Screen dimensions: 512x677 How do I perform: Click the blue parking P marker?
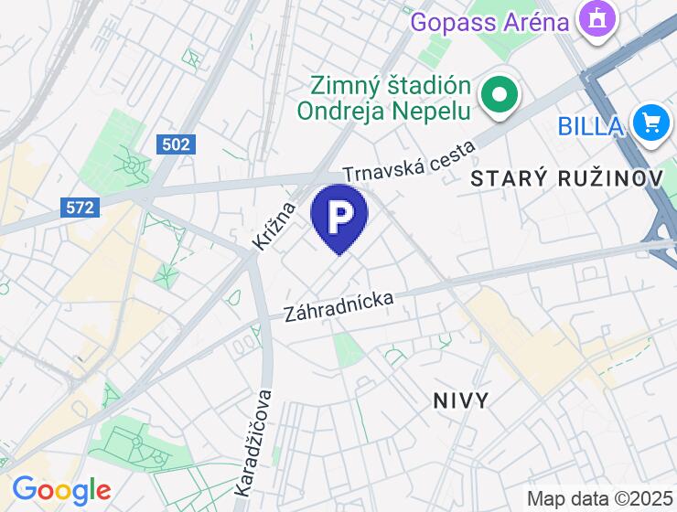(x=338, y=216)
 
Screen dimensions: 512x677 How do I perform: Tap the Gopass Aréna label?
(x=489, y=20)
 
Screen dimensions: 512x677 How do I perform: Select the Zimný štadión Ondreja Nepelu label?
(x=384, y=99)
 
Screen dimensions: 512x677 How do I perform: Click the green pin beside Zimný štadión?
(x=500, y=94)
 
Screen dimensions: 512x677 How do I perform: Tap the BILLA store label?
(x=591, y=125)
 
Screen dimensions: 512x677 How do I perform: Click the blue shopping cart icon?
(x=651, y=122)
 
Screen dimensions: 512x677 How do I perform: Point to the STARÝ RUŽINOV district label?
(x=566, y=179)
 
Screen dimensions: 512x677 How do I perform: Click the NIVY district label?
(x=460, y=400)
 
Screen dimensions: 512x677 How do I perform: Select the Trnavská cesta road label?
(x=410, y=161)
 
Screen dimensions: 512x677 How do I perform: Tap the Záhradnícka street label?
(x=338, y=305)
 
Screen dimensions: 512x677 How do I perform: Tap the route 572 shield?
(x=81, y=208)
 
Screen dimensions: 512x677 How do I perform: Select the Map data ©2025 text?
(x=599, y=499)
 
